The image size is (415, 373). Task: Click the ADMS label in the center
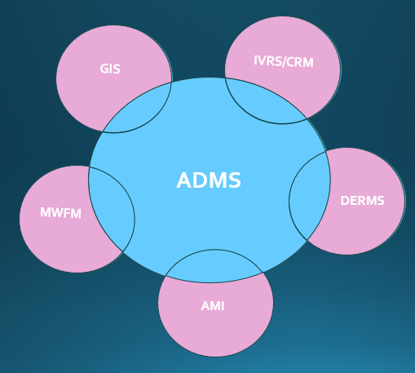pos(209,180)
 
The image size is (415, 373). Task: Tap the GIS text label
pos(110,69)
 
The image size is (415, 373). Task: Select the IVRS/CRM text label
pos(284,62)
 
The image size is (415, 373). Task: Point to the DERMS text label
pos(361,200)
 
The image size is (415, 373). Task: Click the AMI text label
pos(212,306)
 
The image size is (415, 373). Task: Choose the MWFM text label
pos(61,213)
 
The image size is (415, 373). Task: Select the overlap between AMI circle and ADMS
pos(214,266)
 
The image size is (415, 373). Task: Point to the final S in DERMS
pos(379,200)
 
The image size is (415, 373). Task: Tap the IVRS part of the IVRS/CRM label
pos(267,61)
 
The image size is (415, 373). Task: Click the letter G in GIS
pos(104,69)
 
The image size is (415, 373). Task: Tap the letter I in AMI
pos(222,306)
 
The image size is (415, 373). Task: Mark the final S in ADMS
pos(235,180)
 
